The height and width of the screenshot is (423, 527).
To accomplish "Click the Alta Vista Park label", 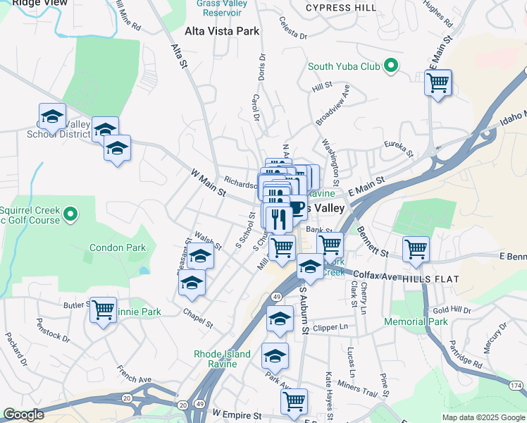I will [x=222, y=31].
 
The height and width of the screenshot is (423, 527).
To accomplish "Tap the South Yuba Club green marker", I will [x=388, y=67].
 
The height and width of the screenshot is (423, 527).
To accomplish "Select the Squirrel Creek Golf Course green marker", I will [x=70, y=214].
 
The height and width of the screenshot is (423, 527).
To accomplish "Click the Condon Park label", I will [x=118, y=247].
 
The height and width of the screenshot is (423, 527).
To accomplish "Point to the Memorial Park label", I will [x=416, y=321].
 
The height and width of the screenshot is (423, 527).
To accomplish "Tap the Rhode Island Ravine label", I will [x=223, y=359].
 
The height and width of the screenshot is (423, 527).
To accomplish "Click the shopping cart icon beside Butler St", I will [x=104, y=309].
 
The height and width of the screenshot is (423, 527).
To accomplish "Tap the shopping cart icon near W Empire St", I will [x=294, y=401].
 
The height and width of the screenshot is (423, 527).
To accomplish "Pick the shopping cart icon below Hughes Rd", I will [x=438, y=82].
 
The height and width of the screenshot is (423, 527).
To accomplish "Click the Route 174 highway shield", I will [x=516, y=386].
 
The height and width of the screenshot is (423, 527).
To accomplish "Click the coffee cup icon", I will [x=297, y=207].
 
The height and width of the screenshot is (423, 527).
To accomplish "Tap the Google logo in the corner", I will [x=23, y=415].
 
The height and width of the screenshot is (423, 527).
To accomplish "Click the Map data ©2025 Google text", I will [x=483, y=417].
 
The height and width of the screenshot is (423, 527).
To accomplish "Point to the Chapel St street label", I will [x=197, y=317].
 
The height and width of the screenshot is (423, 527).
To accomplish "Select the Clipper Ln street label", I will [x=333, y=327].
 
